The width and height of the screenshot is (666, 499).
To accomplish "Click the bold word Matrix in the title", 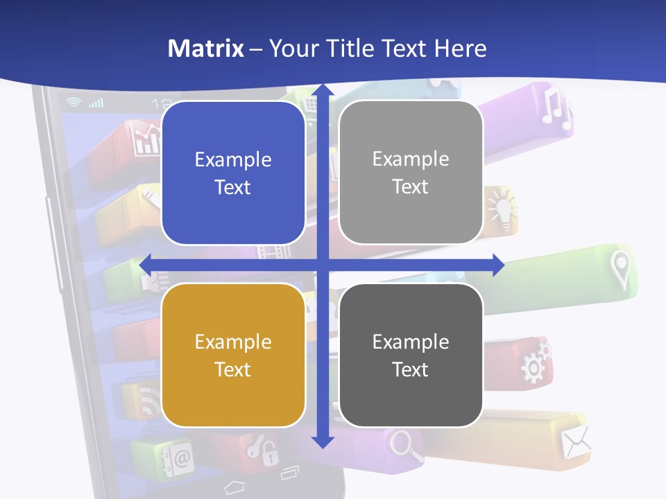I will pos(206,49).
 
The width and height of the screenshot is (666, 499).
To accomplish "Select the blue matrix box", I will pos(233,173).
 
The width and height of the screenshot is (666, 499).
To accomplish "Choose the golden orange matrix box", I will pos(233,355).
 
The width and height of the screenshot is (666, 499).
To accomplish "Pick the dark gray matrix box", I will pos(411,355).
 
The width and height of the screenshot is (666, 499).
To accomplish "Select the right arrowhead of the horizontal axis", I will pos(497,265).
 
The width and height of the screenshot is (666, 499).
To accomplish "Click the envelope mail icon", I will pos(576,441).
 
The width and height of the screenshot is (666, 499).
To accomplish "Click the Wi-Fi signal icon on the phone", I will pos(74,103).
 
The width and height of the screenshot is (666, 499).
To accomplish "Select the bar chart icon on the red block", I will pos(147,141).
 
